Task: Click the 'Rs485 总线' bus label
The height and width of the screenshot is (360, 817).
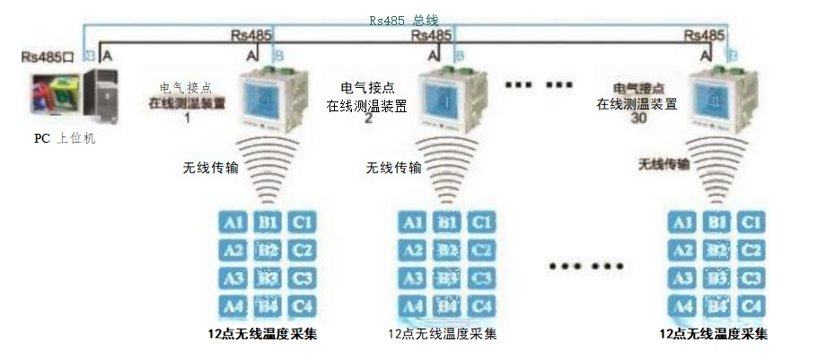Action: [x=404, y=19]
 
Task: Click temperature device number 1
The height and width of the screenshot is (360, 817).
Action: [x=267, y=101]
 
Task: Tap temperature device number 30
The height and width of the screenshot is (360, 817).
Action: [x=716, y=101]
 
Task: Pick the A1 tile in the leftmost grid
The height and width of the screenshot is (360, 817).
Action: [x=232, y=221]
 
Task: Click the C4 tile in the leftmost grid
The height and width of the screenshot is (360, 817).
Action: [x=302, y=306]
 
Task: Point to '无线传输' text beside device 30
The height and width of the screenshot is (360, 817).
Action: [x=664, y=164]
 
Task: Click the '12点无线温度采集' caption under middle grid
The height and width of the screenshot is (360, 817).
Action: [x=442, y=335]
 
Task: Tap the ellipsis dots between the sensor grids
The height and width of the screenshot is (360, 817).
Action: [x=585, y=267]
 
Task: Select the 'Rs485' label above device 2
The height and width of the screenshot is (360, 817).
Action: [x=430, y=36]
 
